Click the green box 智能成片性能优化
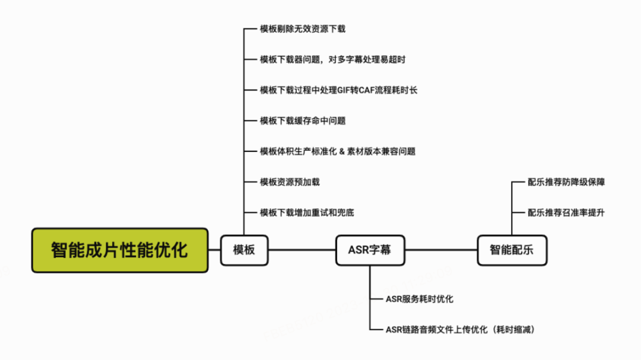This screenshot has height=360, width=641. [119, 250]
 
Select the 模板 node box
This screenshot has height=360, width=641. [244, 250]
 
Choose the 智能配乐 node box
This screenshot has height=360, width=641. [512, 250]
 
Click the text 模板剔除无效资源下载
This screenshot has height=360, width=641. [303, 28]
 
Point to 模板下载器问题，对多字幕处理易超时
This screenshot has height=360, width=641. [332, 59]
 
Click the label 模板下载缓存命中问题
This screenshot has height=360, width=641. [303, 120]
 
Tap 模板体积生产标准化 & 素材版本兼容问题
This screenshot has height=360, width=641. [337, 151]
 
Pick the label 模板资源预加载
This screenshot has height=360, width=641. [290, 182]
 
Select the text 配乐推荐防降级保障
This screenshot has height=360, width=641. [566, 182]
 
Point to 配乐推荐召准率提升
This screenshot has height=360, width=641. [566, 212]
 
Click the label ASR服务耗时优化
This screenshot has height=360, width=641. [419, 299]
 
